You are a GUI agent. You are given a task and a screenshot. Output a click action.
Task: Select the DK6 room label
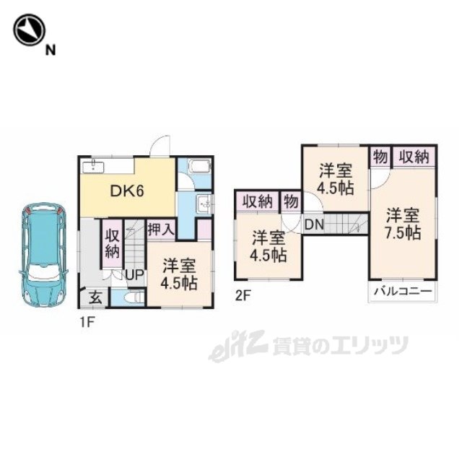[127, 191]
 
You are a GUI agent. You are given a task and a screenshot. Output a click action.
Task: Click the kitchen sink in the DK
[93, 167]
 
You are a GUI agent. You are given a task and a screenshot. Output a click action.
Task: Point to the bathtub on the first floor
[200, 167]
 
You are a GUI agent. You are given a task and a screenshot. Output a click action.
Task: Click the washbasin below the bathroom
[204, 204]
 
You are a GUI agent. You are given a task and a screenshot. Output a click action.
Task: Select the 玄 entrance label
[96, 298]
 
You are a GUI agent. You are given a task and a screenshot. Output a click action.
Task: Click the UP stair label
[134, 275]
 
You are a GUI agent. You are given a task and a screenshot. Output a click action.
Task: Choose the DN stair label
[314, 225]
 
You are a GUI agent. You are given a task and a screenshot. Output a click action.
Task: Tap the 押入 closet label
[162, 229]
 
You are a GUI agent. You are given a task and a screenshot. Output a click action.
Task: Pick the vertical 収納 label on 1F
[113, 244]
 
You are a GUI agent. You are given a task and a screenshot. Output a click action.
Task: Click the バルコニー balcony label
[403, 292]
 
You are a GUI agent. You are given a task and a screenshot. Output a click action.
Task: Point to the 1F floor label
[87, 323]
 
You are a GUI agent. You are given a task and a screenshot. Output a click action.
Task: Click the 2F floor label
[243, 296]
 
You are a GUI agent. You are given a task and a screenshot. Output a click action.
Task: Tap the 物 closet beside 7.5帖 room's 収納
[380, 157]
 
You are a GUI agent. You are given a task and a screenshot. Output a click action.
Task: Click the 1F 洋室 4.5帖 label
[179, 274]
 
